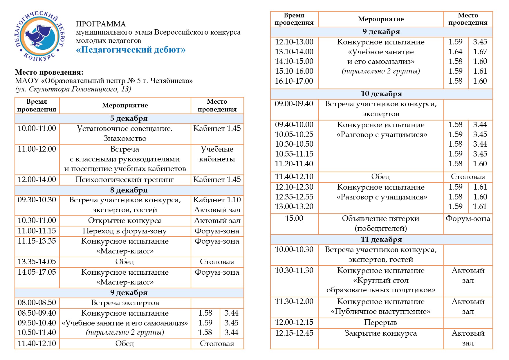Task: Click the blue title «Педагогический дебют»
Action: pyautogui.click(x=131, y=50)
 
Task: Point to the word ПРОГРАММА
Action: pyautogui.click(x=101, y=24)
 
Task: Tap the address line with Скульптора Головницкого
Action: pyautogui.click(x=73, y=89)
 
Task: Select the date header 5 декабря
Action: pyautogui.click(x=129, y=118)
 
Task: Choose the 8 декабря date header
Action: pyautogui.click(x=129, y=190)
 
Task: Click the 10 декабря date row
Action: pyautogui.click(x=381, y=94)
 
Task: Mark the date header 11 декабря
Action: pyautogui.click(x=381, y=240)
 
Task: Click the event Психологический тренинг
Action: pyautogui.click(x=125, y=180)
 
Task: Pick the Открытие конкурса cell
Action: pyautogui.click(x=125, y=221)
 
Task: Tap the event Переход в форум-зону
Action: pyautogui.click(x=125, y=231)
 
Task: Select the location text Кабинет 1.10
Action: pyautogui.click(x=217, y=200)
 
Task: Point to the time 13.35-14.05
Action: pyautogui.click(x=37, y=262)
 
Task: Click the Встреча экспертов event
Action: pyautogui.click(x=125, y=303)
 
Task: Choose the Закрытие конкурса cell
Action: pyautogui.click(x=380, y=333)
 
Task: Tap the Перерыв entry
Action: pyautogui.click(x=380, y=323)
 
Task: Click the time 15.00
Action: pyautogui.click(x=294, y=218)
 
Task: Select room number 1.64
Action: pyautogui.click(x=455, y=52)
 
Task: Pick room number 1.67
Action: pyautogui.click(x=480, y=52)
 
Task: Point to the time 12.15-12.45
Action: pyautogui.click(x=294, y=333)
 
